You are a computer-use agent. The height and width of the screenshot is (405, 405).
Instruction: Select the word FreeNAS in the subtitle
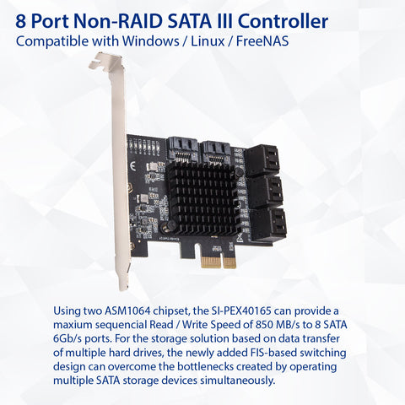(262, 41)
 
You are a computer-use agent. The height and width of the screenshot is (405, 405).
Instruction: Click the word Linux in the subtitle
(208, 41)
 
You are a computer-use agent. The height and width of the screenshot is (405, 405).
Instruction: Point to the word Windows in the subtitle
(150, 41)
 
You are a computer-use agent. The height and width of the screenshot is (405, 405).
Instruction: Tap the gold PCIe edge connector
(219, 262)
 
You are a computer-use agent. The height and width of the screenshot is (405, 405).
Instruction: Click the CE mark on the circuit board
(132, 166)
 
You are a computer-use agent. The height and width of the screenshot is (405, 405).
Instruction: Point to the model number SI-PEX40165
(240, 311)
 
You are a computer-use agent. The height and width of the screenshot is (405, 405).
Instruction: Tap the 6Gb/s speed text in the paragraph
(67, 339)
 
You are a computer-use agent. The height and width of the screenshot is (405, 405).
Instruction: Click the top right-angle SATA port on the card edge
(262, 160)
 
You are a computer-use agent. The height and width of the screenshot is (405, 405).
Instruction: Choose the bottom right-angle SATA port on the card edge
(268, 224)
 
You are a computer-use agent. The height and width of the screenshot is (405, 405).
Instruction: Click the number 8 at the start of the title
(20, 21)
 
